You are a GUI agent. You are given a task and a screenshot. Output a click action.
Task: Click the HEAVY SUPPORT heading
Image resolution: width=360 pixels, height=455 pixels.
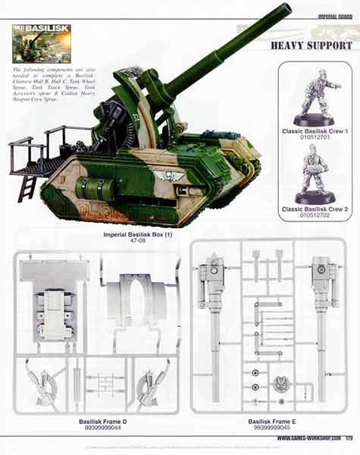(311, 45)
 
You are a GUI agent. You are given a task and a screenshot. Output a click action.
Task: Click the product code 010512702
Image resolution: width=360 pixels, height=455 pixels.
(314, 217)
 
